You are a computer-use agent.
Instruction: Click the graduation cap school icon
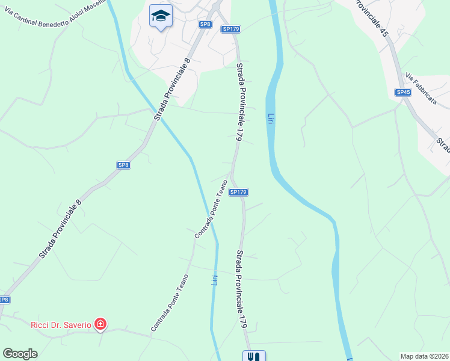pos(161,16)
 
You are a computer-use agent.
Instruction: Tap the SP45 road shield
pos(403,92)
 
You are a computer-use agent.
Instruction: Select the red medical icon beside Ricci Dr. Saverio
pos(100,325)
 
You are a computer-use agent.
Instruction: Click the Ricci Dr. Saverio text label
pos(61,325)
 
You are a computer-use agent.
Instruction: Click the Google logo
pos(20,354)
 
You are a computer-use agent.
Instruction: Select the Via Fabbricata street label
pos(422,89)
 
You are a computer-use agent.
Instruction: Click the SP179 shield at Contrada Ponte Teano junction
pos(239,192)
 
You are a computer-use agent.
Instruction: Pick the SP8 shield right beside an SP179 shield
pos(205,24)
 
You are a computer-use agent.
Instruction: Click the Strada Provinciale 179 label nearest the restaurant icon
pos(242,289)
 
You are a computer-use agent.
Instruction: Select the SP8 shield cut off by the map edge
pos(4,300)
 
